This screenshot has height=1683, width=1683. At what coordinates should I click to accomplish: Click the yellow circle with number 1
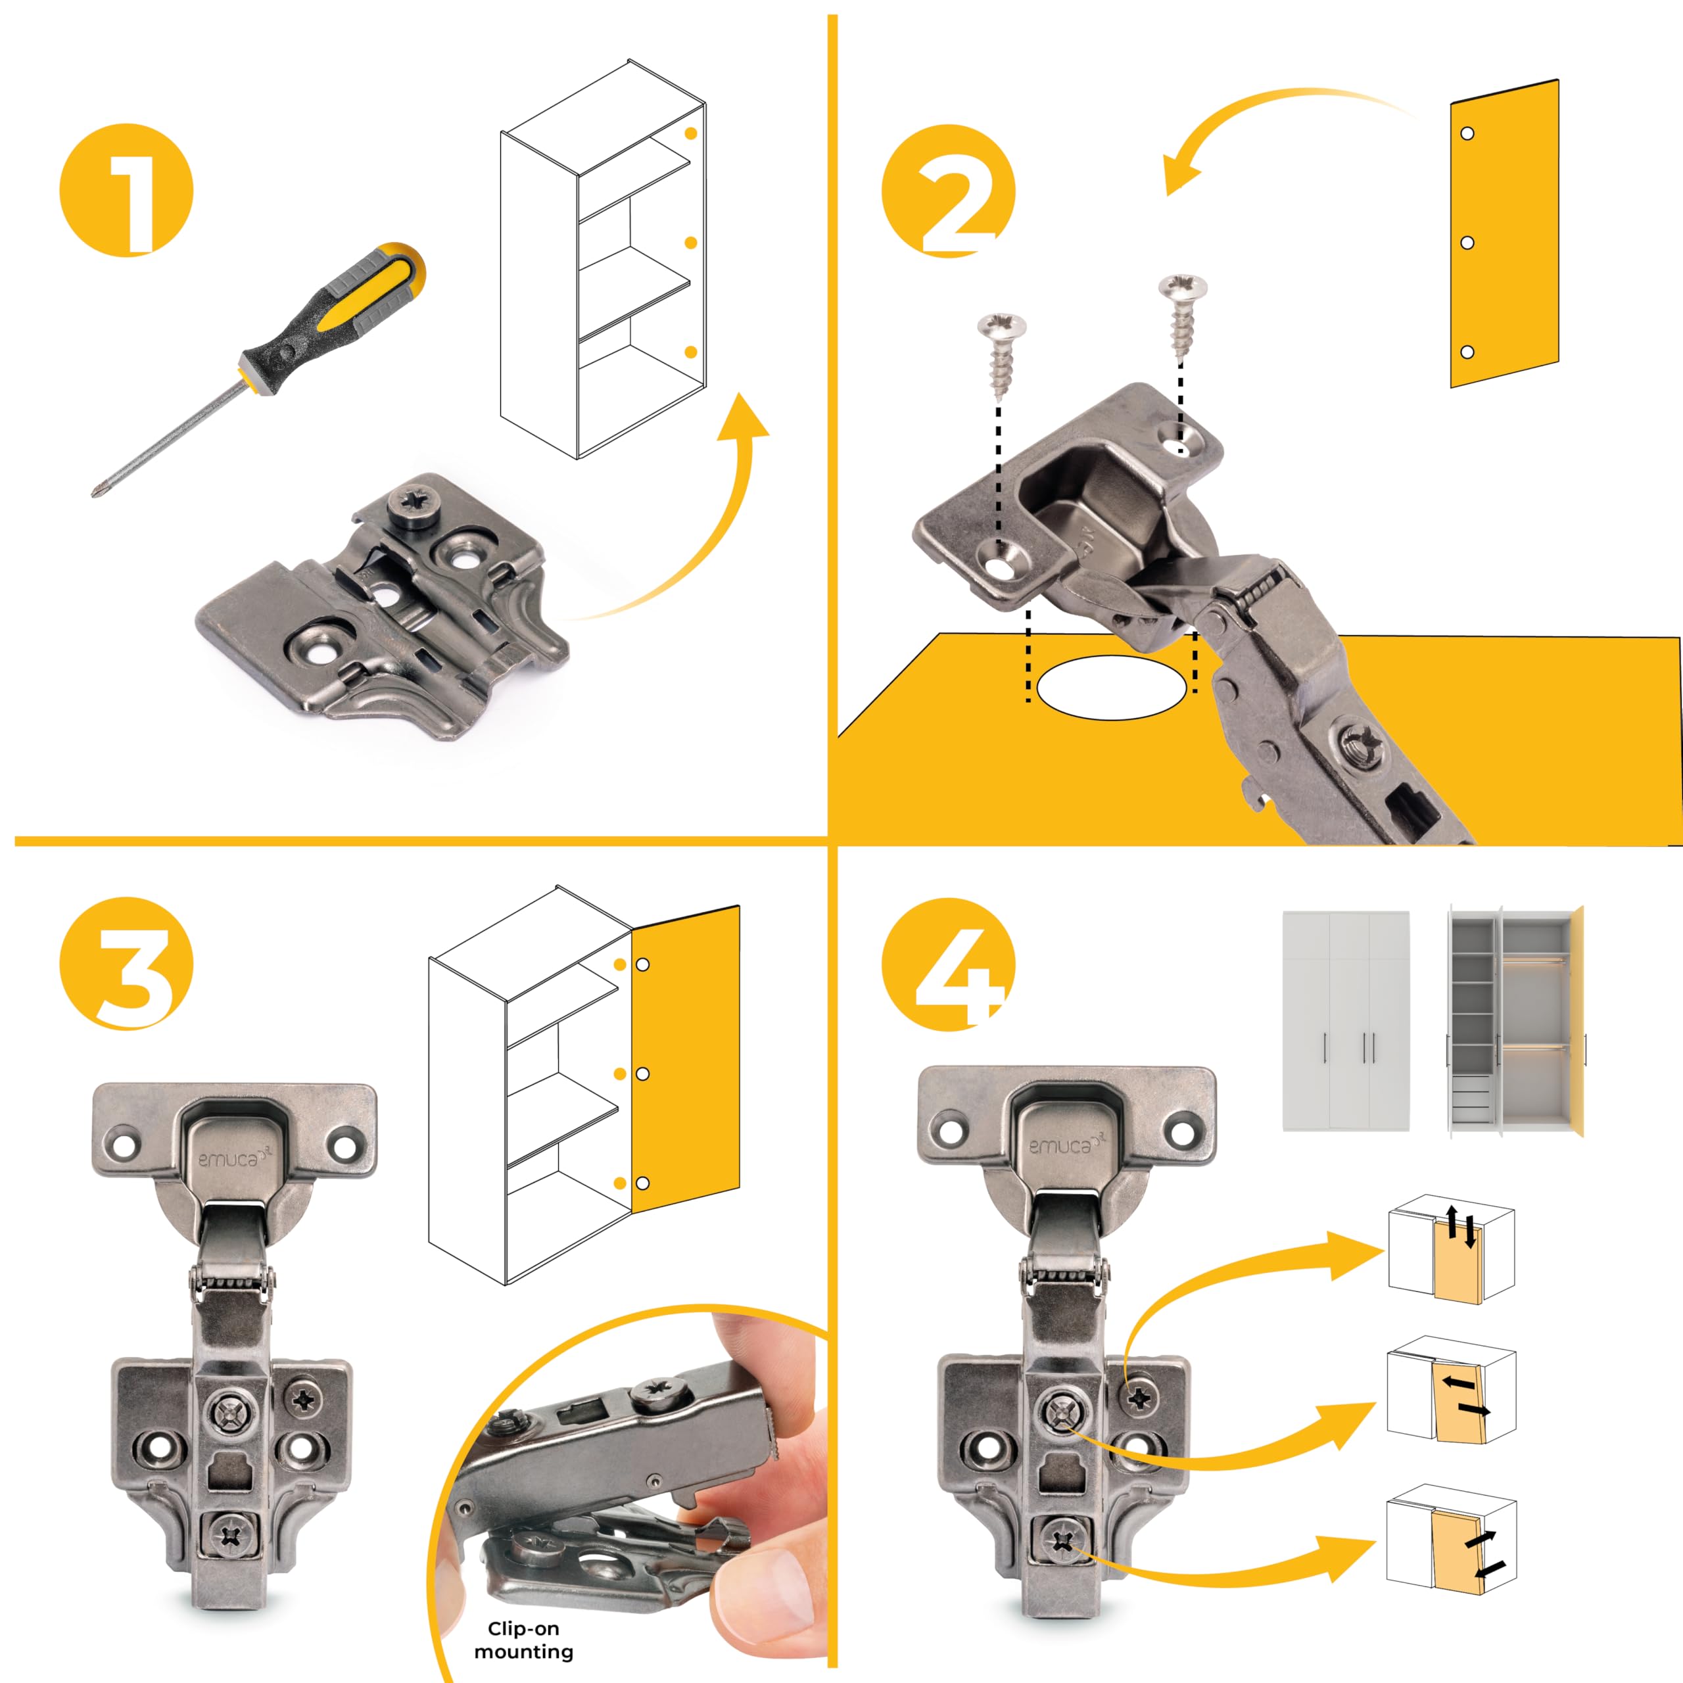coord(126,190)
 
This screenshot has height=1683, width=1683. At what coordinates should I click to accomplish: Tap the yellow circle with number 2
coord(949,190)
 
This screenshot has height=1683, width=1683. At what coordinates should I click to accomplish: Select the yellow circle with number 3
coord(126,964)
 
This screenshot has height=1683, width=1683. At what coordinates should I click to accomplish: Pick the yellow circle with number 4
coord(949,964)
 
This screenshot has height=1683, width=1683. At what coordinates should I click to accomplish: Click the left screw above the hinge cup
coord(1002,356)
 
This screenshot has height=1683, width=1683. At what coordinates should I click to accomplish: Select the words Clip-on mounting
coord(523,1640)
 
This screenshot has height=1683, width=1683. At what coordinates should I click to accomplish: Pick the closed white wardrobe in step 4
coord(1346,1021)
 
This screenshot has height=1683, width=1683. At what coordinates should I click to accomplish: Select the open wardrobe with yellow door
coord(1516,1021)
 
